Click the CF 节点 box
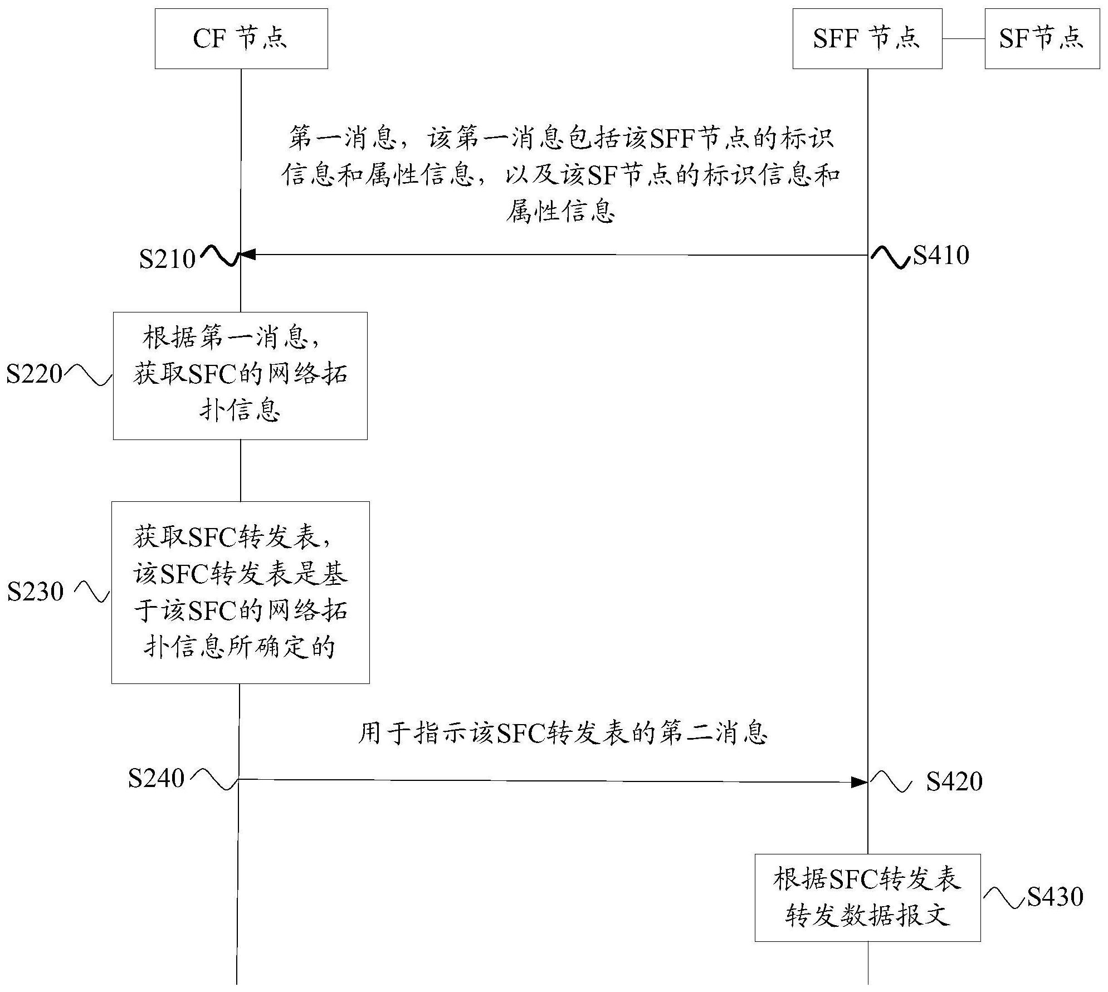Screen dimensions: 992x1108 coord(241,38)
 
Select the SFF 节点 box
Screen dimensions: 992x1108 coord(867,38)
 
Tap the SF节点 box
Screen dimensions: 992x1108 coord(1042,38)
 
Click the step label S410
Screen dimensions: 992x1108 coord(941,255)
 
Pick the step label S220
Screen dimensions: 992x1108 coord(35,374)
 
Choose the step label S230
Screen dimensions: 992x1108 coord(36,592)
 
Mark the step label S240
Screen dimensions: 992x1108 coord(156,778)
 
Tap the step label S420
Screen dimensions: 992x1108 coord(954,781)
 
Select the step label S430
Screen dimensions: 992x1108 coord(1055,897)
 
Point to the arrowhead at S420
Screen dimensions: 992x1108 coord(860,783)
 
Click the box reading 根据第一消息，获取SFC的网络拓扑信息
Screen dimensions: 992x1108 coord(240,376)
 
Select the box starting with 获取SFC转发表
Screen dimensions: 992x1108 coord(240,592)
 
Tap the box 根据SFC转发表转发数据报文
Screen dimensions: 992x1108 coord(867,897)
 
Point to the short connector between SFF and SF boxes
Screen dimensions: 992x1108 coord(963,39)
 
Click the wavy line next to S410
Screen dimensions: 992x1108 coord(890,259)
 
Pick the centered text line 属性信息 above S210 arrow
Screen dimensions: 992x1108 coord(560,212)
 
